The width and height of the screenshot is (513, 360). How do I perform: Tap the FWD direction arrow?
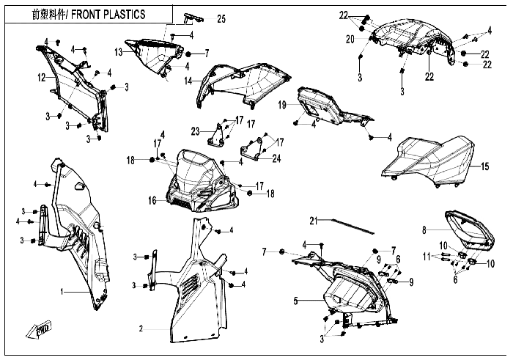point(40,329)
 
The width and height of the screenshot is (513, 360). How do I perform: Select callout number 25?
point(221,19)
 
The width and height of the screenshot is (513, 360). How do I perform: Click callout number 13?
point(119,52)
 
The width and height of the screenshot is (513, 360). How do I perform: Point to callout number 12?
point(42,78)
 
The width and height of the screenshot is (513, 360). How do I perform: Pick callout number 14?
point(188,81)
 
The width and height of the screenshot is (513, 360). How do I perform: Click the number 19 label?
point(282,105)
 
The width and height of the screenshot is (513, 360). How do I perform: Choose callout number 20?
point(350,40)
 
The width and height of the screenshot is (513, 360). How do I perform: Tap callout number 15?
point(485,166)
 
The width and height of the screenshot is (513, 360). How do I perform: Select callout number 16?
point(152,200)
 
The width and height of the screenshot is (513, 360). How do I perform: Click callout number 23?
point(196,131)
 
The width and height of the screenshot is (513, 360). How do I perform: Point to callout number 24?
point(276,158)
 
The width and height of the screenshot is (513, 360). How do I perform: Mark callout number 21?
point(314,221)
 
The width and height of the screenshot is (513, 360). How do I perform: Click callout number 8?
point(424,230)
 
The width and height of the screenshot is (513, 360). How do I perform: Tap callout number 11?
point(427,257)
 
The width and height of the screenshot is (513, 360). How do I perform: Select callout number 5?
point(296,301)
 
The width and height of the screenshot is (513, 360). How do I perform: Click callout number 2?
point(141,328)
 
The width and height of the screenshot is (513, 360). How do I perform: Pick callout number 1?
point(62,291)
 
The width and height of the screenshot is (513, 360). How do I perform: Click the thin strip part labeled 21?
point(353,226)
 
